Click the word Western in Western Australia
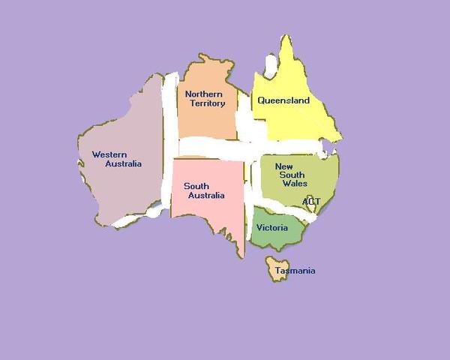coord(109,154)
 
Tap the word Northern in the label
coord(204,94)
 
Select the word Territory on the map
coord(207,103)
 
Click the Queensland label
coord(283,100)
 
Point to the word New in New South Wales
coord(283,166)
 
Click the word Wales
coord(295,183)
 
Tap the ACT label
coord(311,201)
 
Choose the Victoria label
coord(271,227)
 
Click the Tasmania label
coord(295,271)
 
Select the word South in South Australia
coord(196,186)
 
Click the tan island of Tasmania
coord(276,267)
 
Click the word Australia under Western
coord(123,163)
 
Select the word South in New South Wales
coord(292,175)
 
